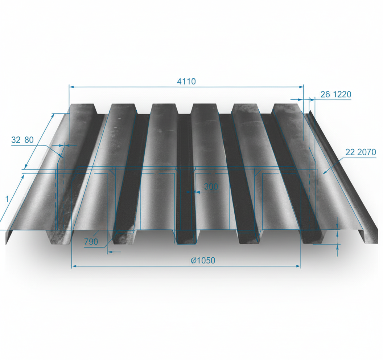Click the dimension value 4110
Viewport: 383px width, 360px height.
[186, 82]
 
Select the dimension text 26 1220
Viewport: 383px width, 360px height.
[336, 95]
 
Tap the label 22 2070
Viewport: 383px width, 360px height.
[361, 153]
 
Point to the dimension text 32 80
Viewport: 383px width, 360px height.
[22, 140]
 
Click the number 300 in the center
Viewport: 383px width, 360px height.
[211, 187]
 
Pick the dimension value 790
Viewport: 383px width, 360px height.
[91, 241]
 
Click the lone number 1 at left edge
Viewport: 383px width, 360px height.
[7, 199]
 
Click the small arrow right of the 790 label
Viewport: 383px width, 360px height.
[110, 251]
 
